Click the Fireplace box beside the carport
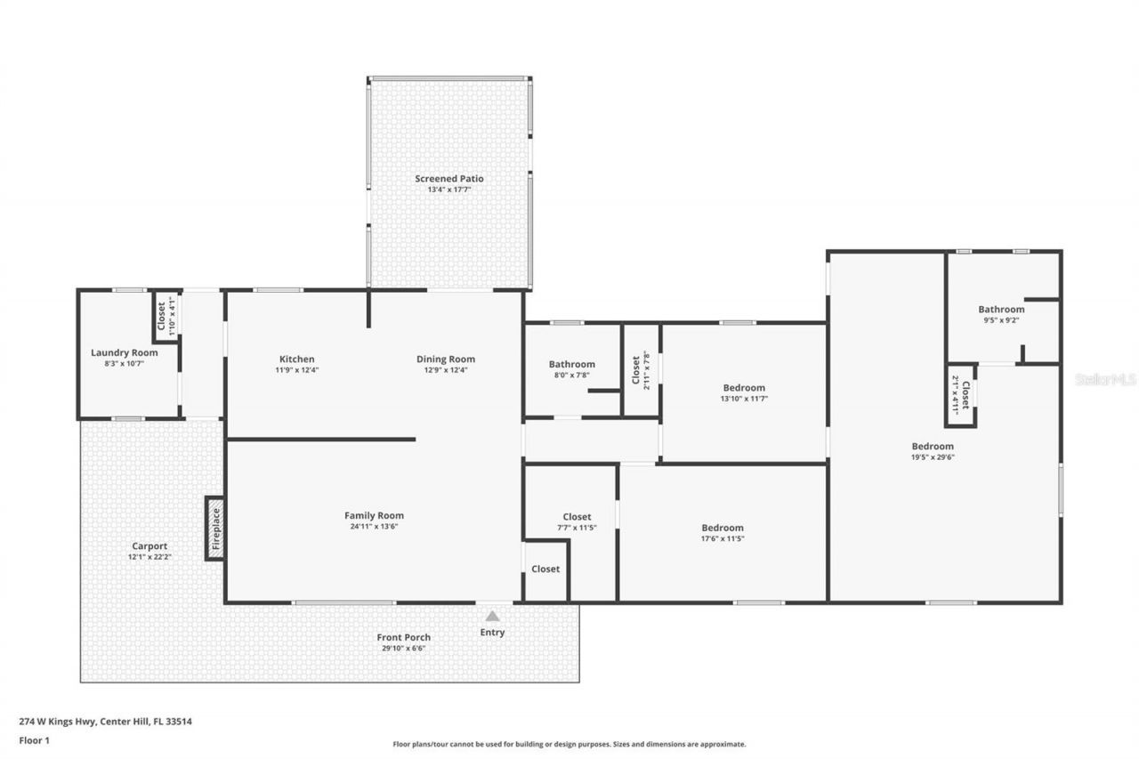[214, 529]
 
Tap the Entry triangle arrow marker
[492, 616]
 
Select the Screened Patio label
[449, 179]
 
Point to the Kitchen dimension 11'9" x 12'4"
[296, 370]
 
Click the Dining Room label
[446, 359]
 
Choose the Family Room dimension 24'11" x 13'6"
[374, 526]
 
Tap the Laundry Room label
[125, 352]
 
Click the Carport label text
[149, 546]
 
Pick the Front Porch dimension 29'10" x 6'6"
[403, 648]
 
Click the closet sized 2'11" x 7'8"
[641, 370]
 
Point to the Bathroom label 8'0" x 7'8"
[571, 364]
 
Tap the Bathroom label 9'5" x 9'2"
[1001, 310]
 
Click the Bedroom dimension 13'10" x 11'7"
[744, 399]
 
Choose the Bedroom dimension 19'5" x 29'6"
[933, 456]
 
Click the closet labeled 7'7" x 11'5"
[577, 517]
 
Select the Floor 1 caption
[34, 739]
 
